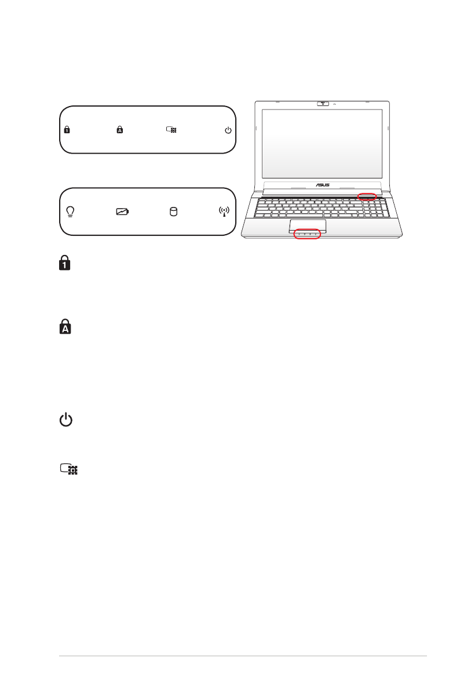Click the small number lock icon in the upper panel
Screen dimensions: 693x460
coord(67,130)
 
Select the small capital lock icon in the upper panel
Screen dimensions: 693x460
coord(120,130)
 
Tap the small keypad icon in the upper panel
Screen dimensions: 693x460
coord(172,130)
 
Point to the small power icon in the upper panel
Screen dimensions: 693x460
coord(228,130)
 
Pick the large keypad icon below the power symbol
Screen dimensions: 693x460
coord(68,469)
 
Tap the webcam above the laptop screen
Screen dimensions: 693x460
coord(323,104)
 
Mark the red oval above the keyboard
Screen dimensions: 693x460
coord(367,196)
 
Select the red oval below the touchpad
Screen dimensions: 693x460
coord(307,234)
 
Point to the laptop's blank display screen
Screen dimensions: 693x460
coord(322,143)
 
